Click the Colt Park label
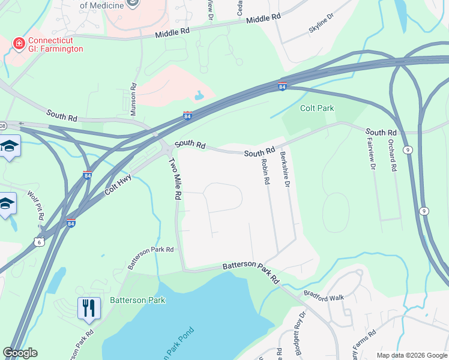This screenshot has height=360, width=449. point(317,109)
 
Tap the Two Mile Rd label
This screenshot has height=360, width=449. point(175,179)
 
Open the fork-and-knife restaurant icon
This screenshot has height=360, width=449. point(88,308)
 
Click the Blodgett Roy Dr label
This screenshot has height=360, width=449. point(298,327)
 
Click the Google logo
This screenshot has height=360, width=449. point(20,353)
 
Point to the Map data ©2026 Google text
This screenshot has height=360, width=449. point(412,355)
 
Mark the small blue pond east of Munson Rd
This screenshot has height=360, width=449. point(199,95)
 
